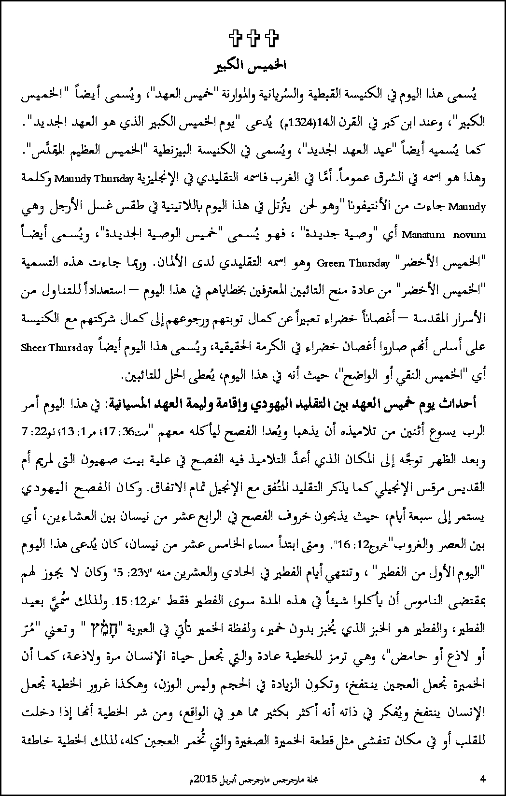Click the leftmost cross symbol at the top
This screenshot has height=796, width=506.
[236, 39]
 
